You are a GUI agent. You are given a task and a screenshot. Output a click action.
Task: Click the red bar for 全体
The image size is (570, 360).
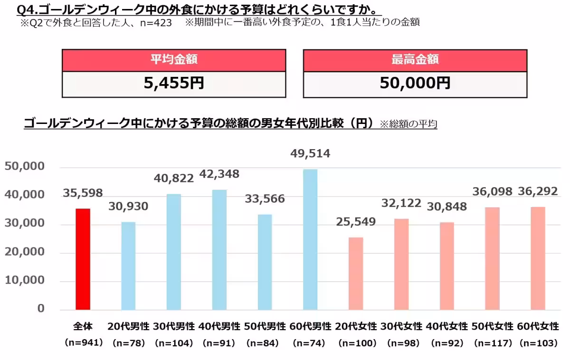[x=83, y=259]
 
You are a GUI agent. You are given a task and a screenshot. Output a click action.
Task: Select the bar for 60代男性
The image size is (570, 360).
[x=310, y=239]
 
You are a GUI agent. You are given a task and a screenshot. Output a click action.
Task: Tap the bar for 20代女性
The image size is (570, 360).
[x=356, y=274]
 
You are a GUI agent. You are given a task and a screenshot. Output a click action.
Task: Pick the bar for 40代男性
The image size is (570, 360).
[x=219, y=250]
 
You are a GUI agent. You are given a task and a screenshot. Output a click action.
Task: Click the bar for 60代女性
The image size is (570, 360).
[x=538, y=258]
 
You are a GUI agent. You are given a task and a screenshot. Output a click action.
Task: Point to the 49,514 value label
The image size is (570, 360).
[x=310, y=154]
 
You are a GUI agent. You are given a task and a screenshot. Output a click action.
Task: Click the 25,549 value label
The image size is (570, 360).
[x=356, y=222]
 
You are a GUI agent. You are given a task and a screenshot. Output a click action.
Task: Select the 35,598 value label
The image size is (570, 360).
[x=83, y=193]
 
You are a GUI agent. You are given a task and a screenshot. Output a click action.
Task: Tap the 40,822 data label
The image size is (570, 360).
[x=173, y=179]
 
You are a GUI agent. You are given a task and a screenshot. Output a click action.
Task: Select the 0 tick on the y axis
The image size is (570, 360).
[x=41, y=309]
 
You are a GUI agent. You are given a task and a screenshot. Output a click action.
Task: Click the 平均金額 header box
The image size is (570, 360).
[x=174, y=60]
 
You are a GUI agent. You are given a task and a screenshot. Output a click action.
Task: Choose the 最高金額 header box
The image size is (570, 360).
[x=415, y=60]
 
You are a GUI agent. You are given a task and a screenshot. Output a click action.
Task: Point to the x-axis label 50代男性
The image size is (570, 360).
[x=265, y=327]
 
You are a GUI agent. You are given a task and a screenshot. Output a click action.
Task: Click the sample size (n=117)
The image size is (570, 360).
[x=492, y=342]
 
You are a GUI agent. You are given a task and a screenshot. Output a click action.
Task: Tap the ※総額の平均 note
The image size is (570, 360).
[x=408, y=124]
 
